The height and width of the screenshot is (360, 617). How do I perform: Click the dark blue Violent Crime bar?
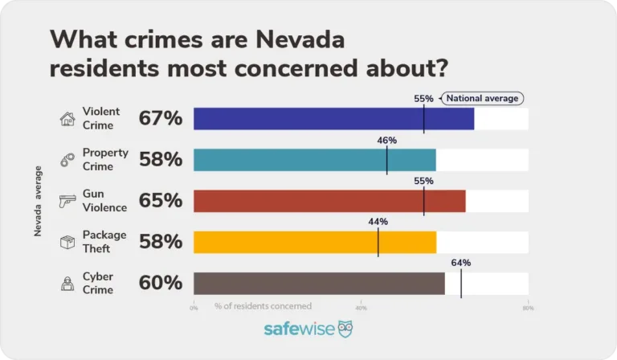tap(333, 119)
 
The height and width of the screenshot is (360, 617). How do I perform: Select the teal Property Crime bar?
tap(314, 160)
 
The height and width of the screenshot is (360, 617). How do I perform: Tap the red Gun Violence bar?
tap(329, 201)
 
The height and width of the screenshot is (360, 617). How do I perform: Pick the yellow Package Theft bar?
tap(314, 242)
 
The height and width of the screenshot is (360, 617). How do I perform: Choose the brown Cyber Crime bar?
tap(319, 283)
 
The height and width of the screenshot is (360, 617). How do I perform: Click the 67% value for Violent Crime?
tap(161, 119)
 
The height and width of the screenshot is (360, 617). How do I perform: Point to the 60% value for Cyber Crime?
tap(161, 283)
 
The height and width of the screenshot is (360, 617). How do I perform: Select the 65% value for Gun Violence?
tap(161, 201)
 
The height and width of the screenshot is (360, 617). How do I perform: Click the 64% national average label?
tap(460, 263)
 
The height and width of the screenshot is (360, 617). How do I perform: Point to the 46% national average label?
tap(386, 140)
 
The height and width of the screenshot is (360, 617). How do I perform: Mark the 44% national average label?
tap(378, 222)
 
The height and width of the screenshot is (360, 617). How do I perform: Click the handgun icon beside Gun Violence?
tap(67, 202)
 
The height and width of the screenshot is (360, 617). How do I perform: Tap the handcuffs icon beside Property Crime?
tap(67, 161)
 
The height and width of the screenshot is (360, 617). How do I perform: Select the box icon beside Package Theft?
tap(67, 242)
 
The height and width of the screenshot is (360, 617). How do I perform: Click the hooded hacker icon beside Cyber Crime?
tap(67, 283)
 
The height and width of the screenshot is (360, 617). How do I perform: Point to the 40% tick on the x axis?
tap(361, 307)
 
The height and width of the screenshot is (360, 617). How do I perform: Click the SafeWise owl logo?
tap(345, 329)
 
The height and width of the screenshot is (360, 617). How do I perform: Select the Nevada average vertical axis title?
tap(39, 201)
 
